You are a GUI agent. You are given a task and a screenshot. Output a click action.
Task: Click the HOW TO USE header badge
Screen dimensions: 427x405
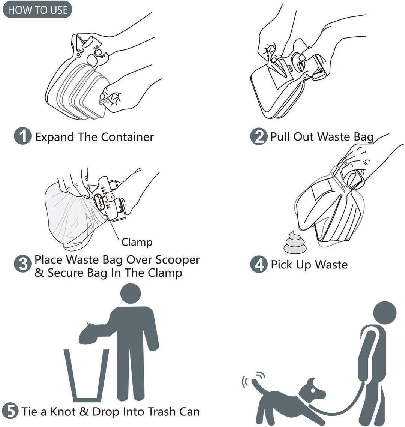pyautogui.click(x=37, y=10)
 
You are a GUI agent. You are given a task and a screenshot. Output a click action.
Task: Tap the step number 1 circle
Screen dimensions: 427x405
pyautogui.click(x=22, y=136)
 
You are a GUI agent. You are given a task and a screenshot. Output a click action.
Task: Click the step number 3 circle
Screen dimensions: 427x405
pyautogui.click(x=22, y=265)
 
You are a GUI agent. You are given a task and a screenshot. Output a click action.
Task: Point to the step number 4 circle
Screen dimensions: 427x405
pyautogui.click(x=259, y=265)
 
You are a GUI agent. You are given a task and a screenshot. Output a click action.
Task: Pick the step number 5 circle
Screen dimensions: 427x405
pyautogui.click(x=11, y=411)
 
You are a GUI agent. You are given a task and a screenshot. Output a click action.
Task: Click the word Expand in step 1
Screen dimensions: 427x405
pyautogui.click(x=55, y=137)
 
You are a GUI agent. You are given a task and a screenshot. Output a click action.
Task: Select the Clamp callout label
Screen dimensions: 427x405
pyautogui.click(x=136, y=242)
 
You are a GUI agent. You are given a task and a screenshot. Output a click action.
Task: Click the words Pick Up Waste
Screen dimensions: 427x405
pyautogui.click(x=309, y=265)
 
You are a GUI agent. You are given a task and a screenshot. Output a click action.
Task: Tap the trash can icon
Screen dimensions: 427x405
pyautogui.click(x=87, y=375)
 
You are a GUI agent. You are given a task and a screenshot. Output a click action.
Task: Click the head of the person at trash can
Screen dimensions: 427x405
pyautogui.click(x=130, y=294)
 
